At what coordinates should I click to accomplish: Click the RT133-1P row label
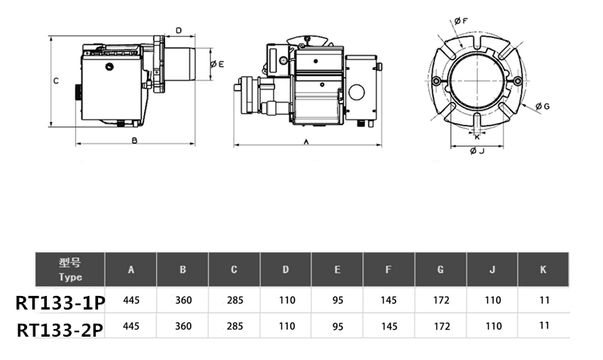pyautogui.click(x=60, y=303)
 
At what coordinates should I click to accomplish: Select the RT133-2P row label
pyautogui.click(x=60, y=330)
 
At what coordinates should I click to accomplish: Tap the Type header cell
pyautogui.click(x=70, y=270)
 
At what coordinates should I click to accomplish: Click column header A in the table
pyautogui.click(x=131, y=270)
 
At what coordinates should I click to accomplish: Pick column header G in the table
pyautogui.click(x=440, y=270)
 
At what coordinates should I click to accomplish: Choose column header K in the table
pyautogui.click(x=543, y=270)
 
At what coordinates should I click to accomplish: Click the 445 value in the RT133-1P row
pyautogui.click(x=131, y=300)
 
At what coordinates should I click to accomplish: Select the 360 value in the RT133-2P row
pyautogui.click(x=183, y=326)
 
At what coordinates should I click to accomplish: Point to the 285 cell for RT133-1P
pyautogui.click(x=234, y=300)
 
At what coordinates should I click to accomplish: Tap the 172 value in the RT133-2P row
pyautogui.click(x=442, y=326)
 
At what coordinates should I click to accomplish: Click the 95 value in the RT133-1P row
pyautogui.click(x=338, y=300)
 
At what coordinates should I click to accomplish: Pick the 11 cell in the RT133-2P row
pyautogui.click(x=543, y=326)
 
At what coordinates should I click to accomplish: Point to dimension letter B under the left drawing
pyautogui.click(x=134, y=141)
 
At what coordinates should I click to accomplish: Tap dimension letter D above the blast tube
pyautogui.click(x=179, y=31)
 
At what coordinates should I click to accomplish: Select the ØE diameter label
pyautogui.click(x=217, y=64)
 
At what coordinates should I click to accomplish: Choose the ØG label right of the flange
pyautogui.click(x=542, y=107)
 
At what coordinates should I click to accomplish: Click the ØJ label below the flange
pyautogui.click(x=476, y=151)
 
